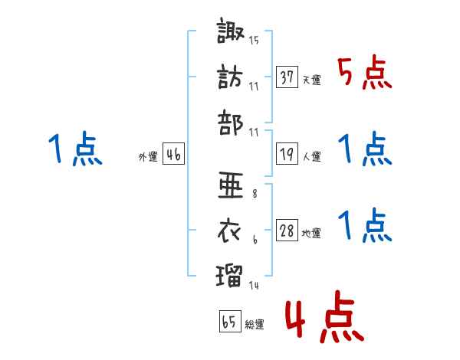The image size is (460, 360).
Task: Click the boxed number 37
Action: (287, 77)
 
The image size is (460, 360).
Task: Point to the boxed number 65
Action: (229, 322)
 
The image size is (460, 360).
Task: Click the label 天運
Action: (311, 80)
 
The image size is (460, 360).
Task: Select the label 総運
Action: (254, 325)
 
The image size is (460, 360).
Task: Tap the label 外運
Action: (148, 156)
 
